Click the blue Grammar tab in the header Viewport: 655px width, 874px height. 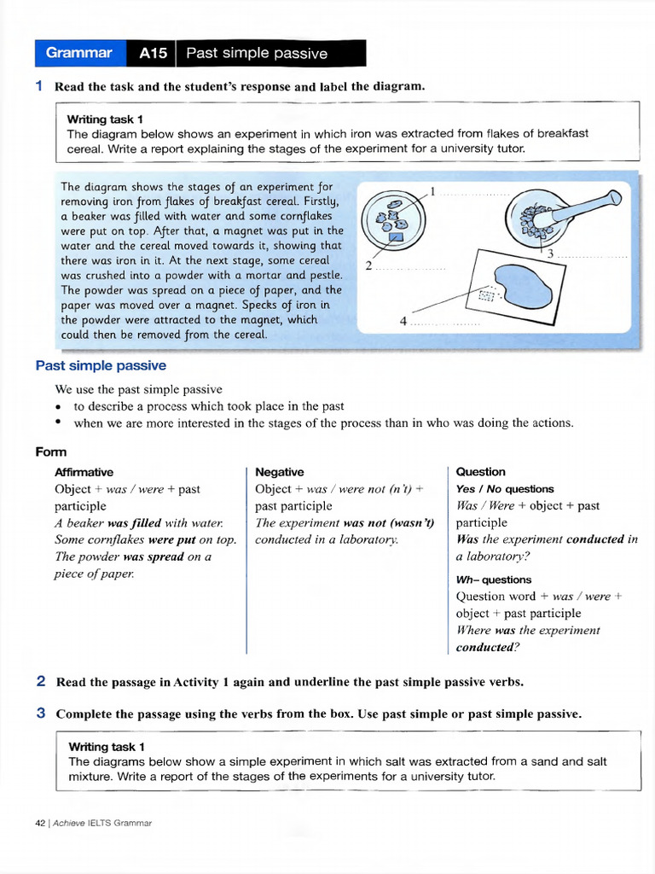point(79,53)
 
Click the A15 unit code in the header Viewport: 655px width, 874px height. point(154,54)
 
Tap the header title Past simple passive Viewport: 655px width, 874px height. point(257,54)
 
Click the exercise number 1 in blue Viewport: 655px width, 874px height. point(39,86)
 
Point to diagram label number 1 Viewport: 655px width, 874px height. point(433,191)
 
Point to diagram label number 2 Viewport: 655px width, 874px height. point(368,265)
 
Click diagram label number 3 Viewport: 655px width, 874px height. point(550,253)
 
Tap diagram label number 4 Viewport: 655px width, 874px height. point(403,321)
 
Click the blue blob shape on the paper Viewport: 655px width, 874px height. point(525,283)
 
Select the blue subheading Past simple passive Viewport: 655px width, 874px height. point(101,365)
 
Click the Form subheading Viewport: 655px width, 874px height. point(51,452)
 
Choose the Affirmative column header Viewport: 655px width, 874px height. point(84,472)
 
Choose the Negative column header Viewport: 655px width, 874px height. point(279,472)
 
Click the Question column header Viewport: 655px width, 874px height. point(480,472)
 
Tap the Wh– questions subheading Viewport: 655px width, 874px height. point(494,580)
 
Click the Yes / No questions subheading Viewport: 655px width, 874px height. point(505,489)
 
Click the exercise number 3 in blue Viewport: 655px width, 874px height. point(41,714)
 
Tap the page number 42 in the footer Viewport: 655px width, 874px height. point(40,823)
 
